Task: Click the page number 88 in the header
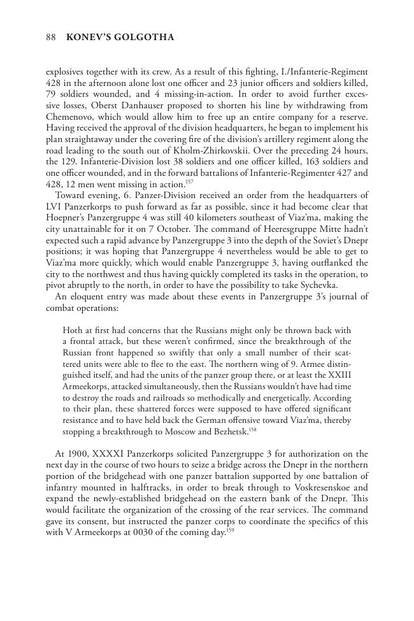click(x=52, y=38)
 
